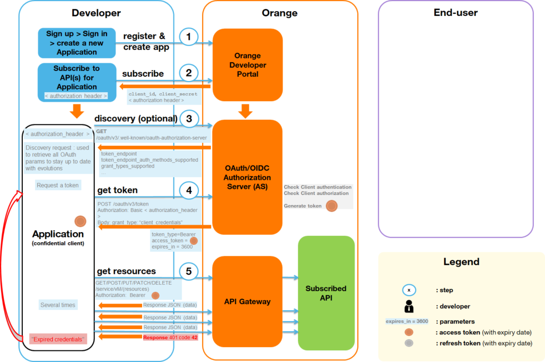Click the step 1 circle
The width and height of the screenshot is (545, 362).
(189, 37)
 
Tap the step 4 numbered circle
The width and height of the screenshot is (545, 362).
(189, 191)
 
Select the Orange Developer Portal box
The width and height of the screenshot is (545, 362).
(247, 65)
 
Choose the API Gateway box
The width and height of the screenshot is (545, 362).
(247, 301)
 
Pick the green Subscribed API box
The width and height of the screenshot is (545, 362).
(326, 293)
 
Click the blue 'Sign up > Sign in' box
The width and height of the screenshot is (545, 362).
(77, 43)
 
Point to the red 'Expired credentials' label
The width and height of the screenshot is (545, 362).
(58, 339)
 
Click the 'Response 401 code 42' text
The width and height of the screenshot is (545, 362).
(170, 338)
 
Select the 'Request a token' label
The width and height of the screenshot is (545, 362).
(57, 185)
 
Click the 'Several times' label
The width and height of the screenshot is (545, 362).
(58, 305)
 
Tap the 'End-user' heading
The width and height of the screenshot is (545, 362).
(456, 13)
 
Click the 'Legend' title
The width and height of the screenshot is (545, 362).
(461, 262)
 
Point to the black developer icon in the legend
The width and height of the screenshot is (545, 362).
(409, 306)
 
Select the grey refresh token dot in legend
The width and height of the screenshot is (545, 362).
(409, 343)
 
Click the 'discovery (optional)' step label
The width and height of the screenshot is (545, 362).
(136, 118)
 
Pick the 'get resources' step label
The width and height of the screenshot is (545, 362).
(126, 271)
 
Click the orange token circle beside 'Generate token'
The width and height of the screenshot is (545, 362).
(331, 206)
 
